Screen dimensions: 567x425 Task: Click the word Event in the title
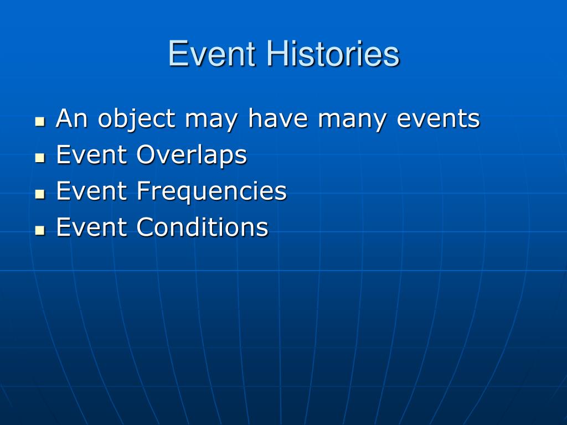point(212,54)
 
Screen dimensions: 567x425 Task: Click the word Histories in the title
point(333,54)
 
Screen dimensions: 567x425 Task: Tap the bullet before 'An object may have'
point(40,121)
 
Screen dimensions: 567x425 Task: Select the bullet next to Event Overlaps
point(40,158)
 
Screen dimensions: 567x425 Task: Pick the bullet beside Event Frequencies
point(40,194)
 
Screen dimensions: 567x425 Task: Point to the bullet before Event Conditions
point(40,230)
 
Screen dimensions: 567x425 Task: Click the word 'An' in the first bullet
point(71,118)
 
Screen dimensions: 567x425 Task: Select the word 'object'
point(137,120)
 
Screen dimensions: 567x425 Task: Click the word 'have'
point(278,118)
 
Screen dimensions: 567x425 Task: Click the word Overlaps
point(191,156)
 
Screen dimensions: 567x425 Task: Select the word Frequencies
point(212,192)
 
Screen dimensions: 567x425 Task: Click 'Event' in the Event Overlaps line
point(91,154)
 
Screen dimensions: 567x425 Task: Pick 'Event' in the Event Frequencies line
point(91,190)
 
